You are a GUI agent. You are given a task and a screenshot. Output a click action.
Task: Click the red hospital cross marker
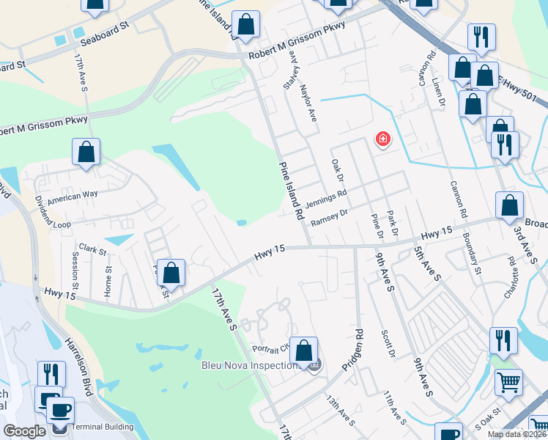[382, 139]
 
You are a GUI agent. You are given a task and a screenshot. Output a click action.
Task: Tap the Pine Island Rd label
[290, 191]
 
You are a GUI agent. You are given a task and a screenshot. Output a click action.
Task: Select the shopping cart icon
[508, 381]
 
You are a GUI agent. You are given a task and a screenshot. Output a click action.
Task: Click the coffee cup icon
[60, 408]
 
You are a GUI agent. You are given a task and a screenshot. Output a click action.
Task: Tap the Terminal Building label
[103, 427]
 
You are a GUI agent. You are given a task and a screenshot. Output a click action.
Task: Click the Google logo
[24, 430]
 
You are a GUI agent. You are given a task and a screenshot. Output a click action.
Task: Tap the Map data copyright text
[516, 434]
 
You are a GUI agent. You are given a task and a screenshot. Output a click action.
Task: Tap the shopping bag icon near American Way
[86, 153]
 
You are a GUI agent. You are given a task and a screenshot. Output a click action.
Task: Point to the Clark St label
[93, 249]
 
